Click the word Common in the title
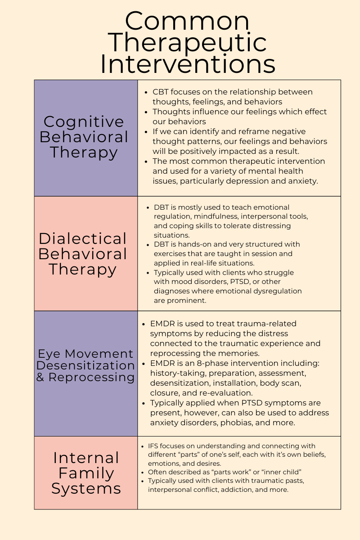tap(187, 21)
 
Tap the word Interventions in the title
tap(187, 64)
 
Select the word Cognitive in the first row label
tap(84, 122)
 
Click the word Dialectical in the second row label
tap(83, 238)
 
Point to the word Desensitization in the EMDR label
tap(85, 365)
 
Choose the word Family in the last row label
tap(86, 473)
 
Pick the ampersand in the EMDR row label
tap(40, 378)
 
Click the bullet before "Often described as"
tap(143, 472)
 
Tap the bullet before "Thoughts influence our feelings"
tap(146, 112)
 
